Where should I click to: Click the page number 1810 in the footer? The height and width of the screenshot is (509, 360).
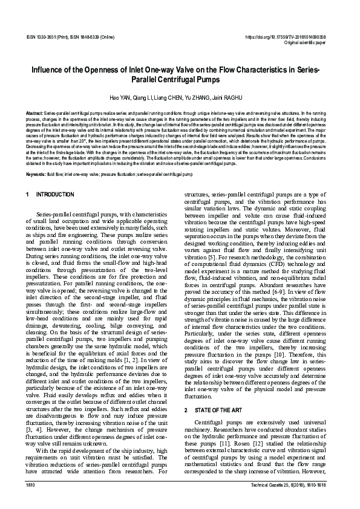tap(31, 485)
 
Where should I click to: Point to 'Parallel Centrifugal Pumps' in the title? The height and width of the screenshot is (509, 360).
tap(180, 79)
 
